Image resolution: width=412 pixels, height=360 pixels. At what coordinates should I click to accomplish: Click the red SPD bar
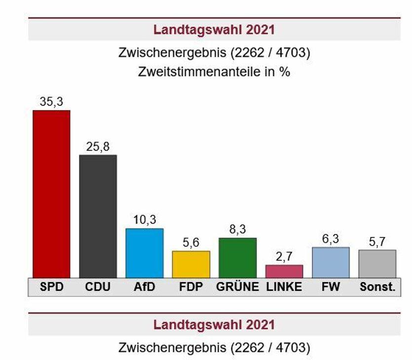(51, 194)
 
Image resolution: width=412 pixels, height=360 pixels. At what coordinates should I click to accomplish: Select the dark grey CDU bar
(98, 216)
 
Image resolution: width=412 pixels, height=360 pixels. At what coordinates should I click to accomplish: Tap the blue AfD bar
(145, 253)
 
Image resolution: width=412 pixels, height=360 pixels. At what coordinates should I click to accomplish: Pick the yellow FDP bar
(191, 264)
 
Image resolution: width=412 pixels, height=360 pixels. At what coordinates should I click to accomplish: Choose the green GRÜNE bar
(237, 258)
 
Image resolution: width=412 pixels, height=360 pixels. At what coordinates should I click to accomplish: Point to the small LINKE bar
(284, 272)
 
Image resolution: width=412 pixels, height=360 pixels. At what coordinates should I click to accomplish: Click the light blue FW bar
(331, 262)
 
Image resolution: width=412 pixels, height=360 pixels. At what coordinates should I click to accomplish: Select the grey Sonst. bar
(377, 264)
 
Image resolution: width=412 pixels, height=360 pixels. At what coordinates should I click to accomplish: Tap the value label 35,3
(51, 102)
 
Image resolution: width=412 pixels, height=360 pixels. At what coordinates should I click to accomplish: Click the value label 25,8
(98, 147)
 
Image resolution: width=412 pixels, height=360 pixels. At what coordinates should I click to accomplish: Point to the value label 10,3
(145, 220)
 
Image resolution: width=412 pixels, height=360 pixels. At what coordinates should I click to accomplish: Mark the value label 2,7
(284, 257)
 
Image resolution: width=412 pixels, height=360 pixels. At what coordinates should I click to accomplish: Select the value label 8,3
(237, 230)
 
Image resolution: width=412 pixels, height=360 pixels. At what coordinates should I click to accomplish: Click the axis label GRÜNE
(237, 287)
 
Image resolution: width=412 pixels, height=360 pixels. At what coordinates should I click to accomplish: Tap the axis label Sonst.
(377, 287)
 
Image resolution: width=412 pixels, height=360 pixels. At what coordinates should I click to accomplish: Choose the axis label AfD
(145, 287)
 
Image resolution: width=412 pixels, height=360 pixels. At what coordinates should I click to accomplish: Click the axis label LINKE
(284, 287)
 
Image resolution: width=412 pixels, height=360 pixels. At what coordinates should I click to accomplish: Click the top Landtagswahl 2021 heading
(214, 30)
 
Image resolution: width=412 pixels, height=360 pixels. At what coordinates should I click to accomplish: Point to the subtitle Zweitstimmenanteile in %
(214, 72)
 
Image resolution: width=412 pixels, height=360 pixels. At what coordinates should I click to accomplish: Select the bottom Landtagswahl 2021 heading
(214, 325)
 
